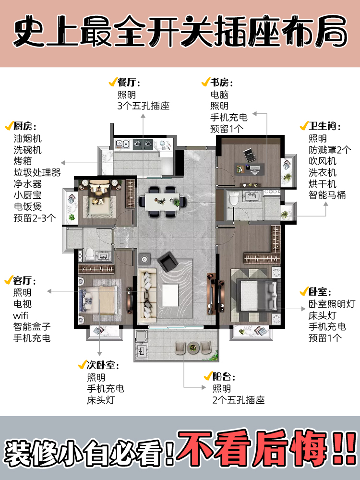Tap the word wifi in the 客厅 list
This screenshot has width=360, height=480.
coord(22,315)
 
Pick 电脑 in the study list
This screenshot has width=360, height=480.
coord(219,95)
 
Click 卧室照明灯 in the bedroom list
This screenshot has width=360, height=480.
coord(332,304)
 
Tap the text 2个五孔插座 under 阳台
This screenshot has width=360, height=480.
coord(239,400)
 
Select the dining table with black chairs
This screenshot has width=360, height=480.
coord(162,202)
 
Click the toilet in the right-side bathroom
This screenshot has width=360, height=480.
coord(233,197)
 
